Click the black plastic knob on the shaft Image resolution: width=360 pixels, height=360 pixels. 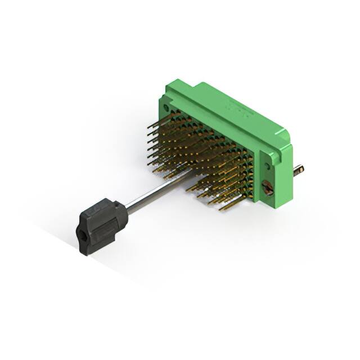pos(101,225)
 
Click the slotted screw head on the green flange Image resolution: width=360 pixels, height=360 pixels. pos(268,188)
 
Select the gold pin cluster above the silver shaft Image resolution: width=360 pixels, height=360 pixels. pos(197,141)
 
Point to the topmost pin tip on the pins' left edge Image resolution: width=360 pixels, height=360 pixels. pos(150,127)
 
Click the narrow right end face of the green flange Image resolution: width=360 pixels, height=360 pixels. pos(285,169)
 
